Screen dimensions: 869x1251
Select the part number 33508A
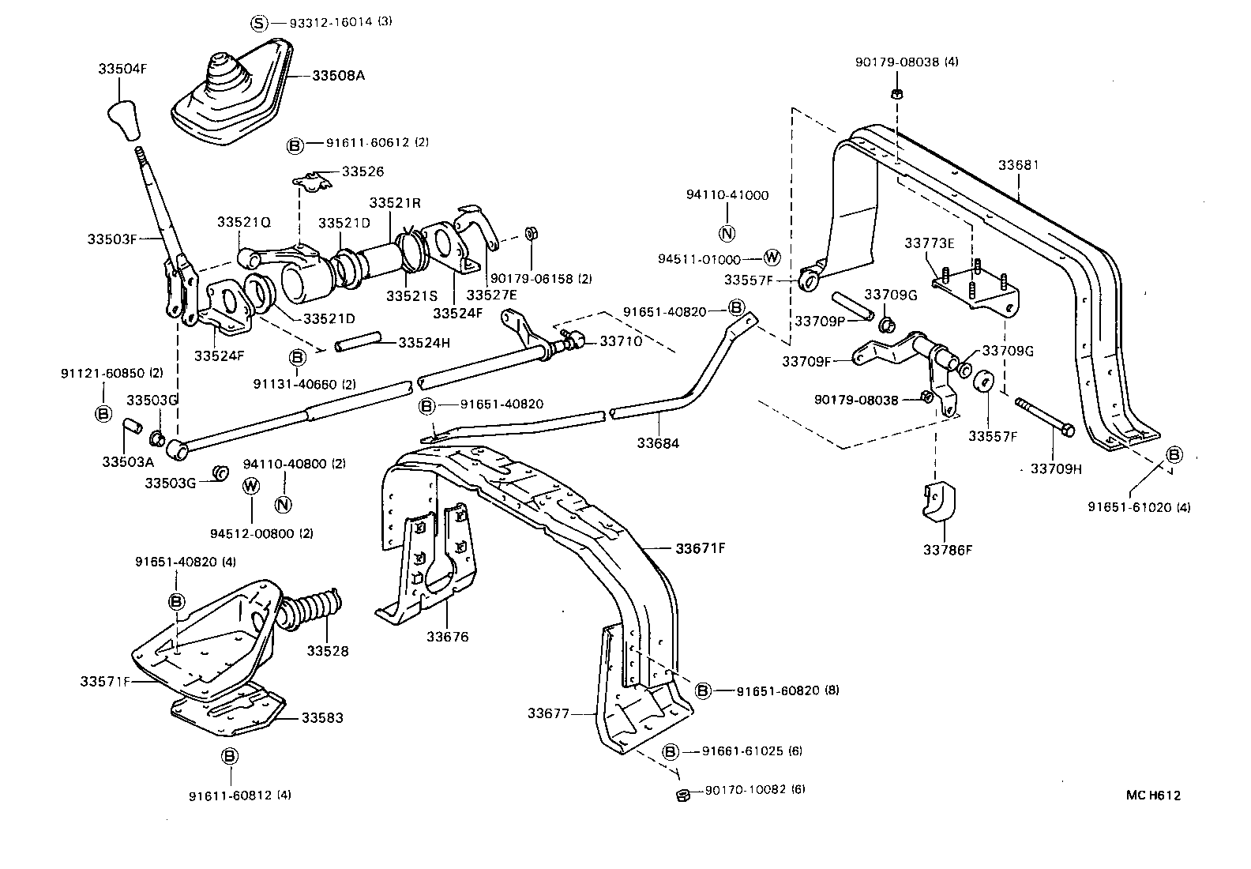[338, 76]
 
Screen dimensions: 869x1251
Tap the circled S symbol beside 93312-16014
[260, 22]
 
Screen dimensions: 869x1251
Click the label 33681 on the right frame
[1018, 165]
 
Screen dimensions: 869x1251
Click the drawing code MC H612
[1153, 796]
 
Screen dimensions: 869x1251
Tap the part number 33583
[321, 718]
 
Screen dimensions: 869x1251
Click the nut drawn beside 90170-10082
[684, 793]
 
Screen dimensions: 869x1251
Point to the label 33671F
[700, 547]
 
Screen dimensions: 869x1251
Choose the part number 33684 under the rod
[658, 443]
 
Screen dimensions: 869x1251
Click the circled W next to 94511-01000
[772, 258]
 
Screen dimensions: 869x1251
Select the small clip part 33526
[314, 182]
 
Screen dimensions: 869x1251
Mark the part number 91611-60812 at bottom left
[239, 795]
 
